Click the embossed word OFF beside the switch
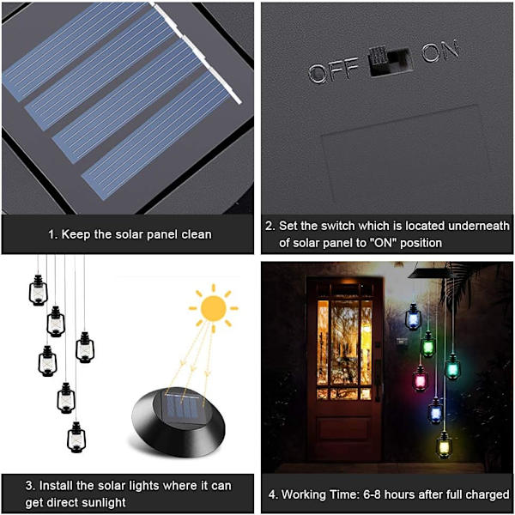(x=334, y=70)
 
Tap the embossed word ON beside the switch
(x=440, y=51)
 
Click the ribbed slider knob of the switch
(x=379, y=56)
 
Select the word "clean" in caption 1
(x=197, y=234)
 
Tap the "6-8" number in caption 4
(x=373, y=494)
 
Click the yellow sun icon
(x=214, y=308)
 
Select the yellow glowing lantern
(x=444, y=445)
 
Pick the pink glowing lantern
(x=420, y=378)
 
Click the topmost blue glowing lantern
(x=413, y=317)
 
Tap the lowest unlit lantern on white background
(x=76, y=437)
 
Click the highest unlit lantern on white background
(x=38, y=290)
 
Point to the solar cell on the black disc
(x=182, y=407)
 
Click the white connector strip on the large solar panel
(x=197, y=52)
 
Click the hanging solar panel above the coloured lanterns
(x=427, y=273)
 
